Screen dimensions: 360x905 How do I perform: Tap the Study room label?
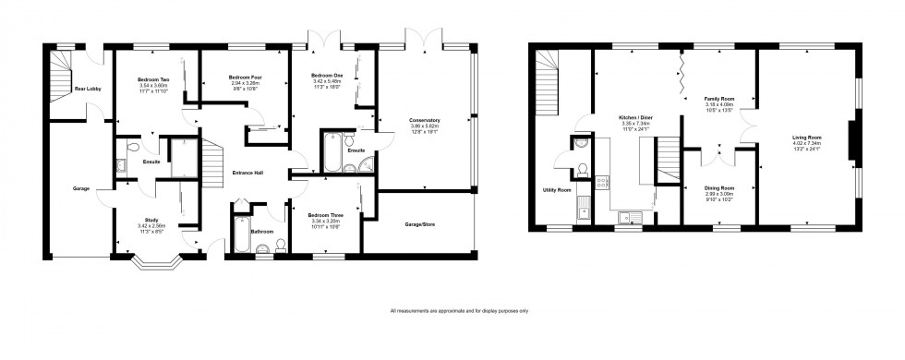125,221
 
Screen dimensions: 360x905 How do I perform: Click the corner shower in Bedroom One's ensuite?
367,164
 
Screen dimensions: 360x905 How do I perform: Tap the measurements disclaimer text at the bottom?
460,310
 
